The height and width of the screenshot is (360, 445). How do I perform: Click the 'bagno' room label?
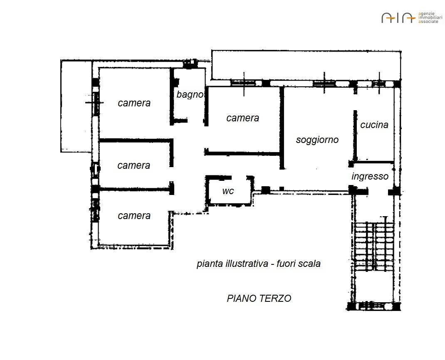tap(190, 95)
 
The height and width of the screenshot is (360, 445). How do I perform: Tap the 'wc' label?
tap(228, 191)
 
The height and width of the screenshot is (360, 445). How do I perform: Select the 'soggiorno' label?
tap(317, 140)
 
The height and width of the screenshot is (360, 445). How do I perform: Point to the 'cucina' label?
tap(374, 125)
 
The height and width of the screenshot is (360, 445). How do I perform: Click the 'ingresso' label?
tap(370, 176)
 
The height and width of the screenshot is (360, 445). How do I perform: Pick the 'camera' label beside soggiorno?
tap(242, 118)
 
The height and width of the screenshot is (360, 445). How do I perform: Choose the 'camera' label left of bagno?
tap(134, 103)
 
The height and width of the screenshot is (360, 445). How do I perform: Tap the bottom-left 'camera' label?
tap(134, 216)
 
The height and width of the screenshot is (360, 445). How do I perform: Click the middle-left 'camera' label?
tap(133, 165)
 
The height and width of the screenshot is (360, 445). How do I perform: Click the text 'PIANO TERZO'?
tap(259, 298)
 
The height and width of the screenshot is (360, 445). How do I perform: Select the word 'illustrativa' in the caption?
tap(247, 264)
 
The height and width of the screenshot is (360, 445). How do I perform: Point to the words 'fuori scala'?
tap(299, 264)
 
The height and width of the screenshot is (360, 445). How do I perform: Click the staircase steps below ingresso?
tap(374, 246)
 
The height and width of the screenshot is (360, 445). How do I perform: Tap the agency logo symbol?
tap(398, 17)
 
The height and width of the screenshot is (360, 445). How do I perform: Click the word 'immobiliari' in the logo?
tap(430, 17)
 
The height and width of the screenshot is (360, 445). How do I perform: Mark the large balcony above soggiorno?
tap(306, 65)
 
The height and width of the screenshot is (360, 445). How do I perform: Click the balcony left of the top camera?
tap(77, 106)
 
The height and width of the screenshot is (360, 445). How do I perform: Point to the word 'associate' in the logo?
tap(428, 22)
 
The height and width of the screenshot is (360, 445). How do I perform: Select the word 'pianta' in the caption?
tap(210, 264)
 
